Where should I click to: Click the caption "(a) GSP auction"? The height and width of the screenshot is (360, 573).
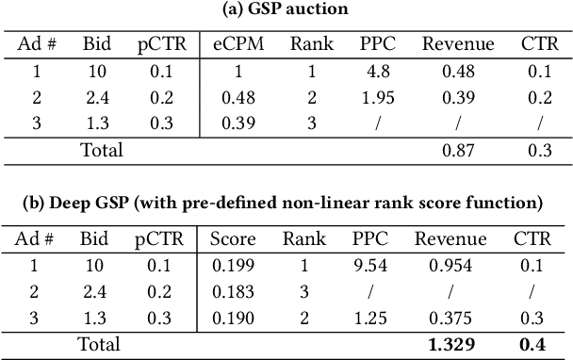(286, 11)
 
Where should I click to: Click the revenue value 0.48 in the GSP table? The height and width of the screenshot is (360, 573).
(459, 70)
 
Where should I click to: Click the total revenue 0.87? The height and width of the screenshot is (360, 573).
(459, 148)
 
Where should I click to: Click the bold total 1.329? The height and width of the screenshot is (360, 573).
(456, 345)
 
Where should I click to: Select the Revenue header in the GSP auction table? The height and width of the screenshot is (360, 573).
(459, 43)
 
